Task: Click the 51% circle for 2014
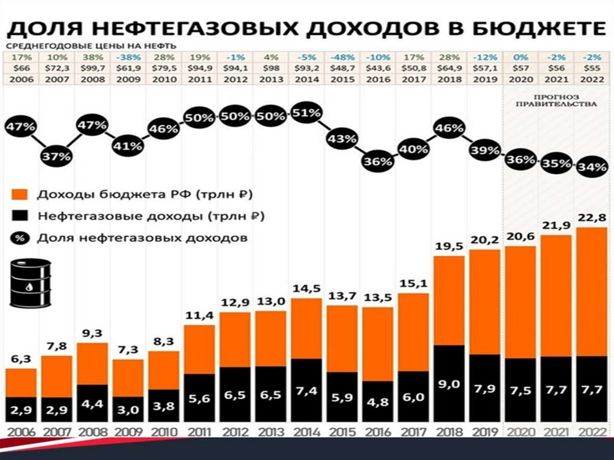point(306,113)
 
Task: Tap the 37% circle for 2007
point(56,156)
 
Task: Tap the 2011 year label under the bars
point(199,431)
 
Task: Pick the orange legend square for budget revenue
point(20,195)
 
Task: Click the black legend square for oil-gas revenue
point(20,216)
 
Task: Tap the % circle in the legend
point(20,237)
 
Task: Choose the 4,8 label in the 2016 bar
point(377,402)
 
